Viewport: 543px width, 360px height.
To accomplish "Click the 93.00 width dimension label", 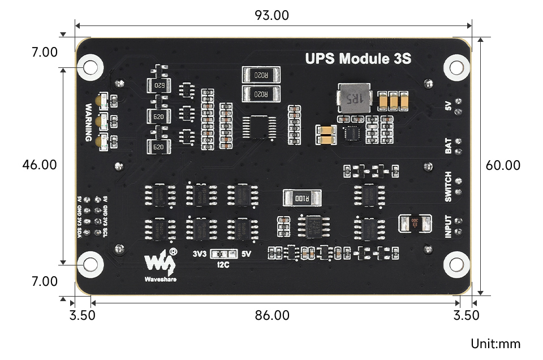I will [x=272, y=15].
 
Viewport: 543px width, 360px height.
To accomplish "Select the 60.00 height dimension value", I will [x=503, y=165].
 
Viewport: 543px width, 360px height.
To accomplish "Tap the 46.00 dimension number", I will [x=40, y=165].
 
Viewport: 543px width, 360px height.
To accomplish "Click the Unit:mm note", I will [x=495, y=344].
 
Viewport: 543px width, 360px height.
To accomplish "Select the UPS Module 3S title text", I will [x=358, y=58].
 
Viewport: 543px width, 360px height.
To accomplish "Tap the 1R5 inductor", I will [x=352, y=98].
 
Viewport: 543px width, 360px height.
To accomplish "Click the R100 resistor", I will [x=302, y=198].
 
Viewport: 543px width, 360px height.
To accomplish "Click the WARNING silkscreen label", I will [x=89, y=122].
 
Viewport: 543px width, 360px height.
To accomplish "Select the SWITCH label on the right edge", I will [x=448, y=186].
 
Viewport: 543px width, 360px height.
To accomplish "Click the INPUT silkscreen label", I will [x=448, y=227].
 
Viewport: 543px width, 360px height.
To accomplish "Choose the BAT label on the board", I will [x=448, y=146].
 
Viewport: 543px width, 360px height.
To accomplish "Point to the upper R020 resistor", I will [x=261, y=75].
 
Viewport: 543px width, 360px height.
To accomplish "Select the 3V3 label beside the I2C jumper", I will [x=199, y=254].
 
